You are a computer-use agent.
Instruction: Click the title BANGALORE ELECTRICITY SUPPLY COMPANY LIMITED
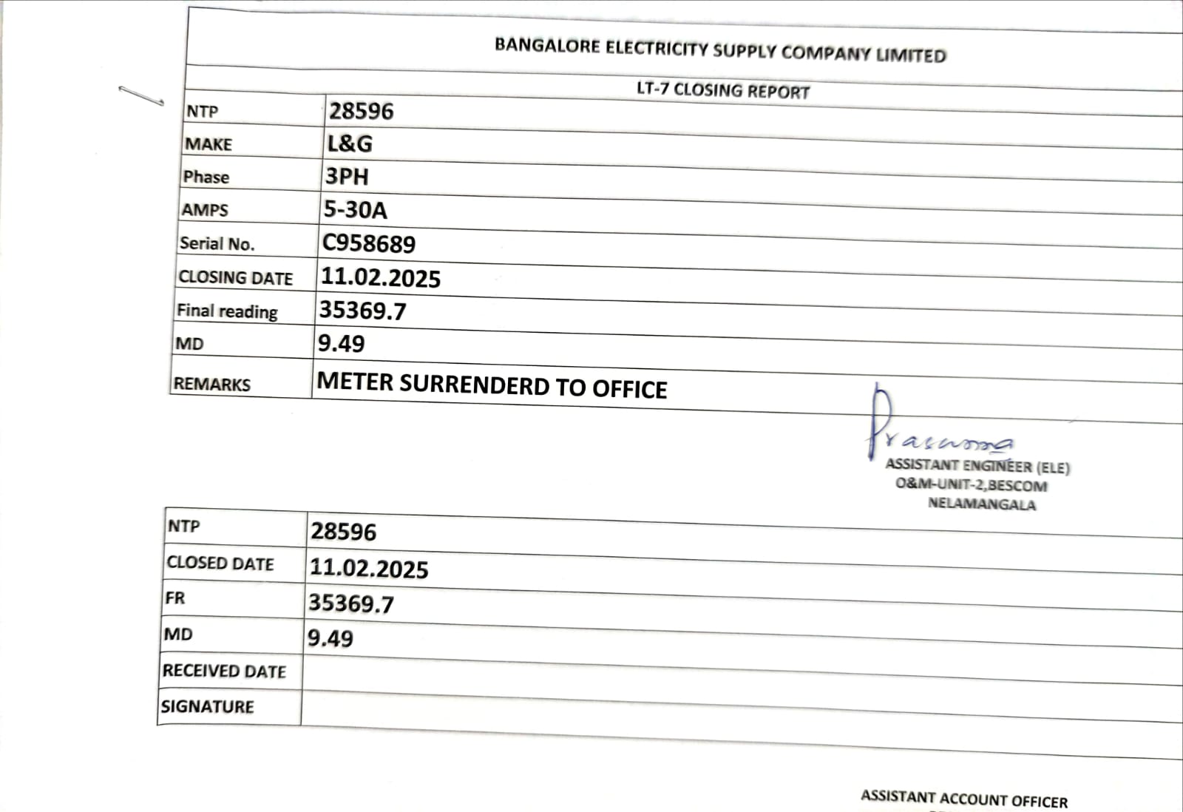[x=720, y=50]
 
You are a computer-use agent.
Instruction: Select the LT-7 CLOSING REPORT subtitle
[x=723, y=91]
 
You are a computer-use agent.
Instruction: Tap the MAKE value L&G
[x=350, y=143]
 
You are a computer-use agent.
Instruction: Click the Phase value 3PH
[x=347, y=177]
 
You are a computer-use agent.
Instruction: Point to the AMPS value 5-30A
[x=355, y=210]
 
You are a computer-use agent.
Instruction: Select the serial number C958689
[x=369, y=244]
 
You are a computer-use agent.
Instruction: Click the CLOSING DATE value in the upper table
[x=381, y=278]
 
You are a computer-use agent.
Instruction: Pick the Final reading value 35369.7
[x=362, y=311]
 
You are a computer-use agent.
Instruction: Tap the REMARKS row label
[x=212, y=385]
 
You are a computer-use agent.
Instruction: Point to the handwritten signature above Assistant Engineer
[x=932, y=429]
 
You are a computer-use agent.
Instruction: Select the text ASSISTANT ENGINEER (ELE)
[x=977, y=466]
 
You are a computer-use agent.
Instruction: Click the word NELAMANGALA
[x=982, y=504]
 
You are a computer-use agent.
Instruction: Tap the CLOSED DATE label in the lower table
[x=220, y=564]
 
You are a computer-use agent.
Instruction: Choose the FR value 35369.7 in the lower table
[x=351, y=603]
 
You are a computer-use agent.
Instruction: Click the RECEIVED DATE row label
[x=224, y=671]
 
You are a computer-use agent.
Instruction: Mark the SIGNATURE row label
[x=208, y=707]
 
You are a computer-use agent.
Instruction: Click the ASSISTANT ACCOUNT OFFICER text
[x=964, y=799]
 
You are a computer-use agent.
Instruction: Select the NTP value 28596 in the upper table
[x=362, y=112]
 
